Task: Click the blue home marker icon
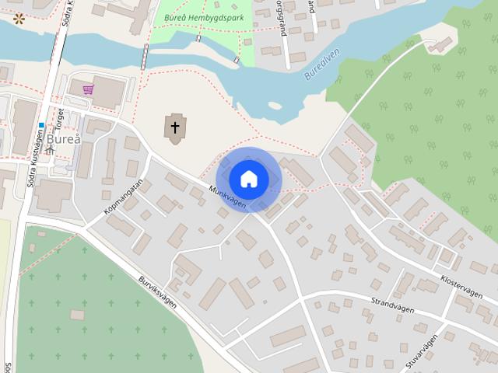(248, 179)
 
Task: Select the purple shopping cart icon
(88, 89)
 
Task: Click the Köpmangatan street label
(122, 197)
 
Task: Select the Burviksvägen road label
(158, 292)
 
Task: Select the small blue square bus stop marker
(40, 125)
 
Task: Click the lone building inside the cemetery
(76, 314)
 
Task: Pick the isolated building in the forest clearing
(441, 45)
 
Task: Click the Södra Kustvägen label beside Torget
(31, 159)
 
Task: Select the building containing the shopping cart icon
(102, 92)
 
